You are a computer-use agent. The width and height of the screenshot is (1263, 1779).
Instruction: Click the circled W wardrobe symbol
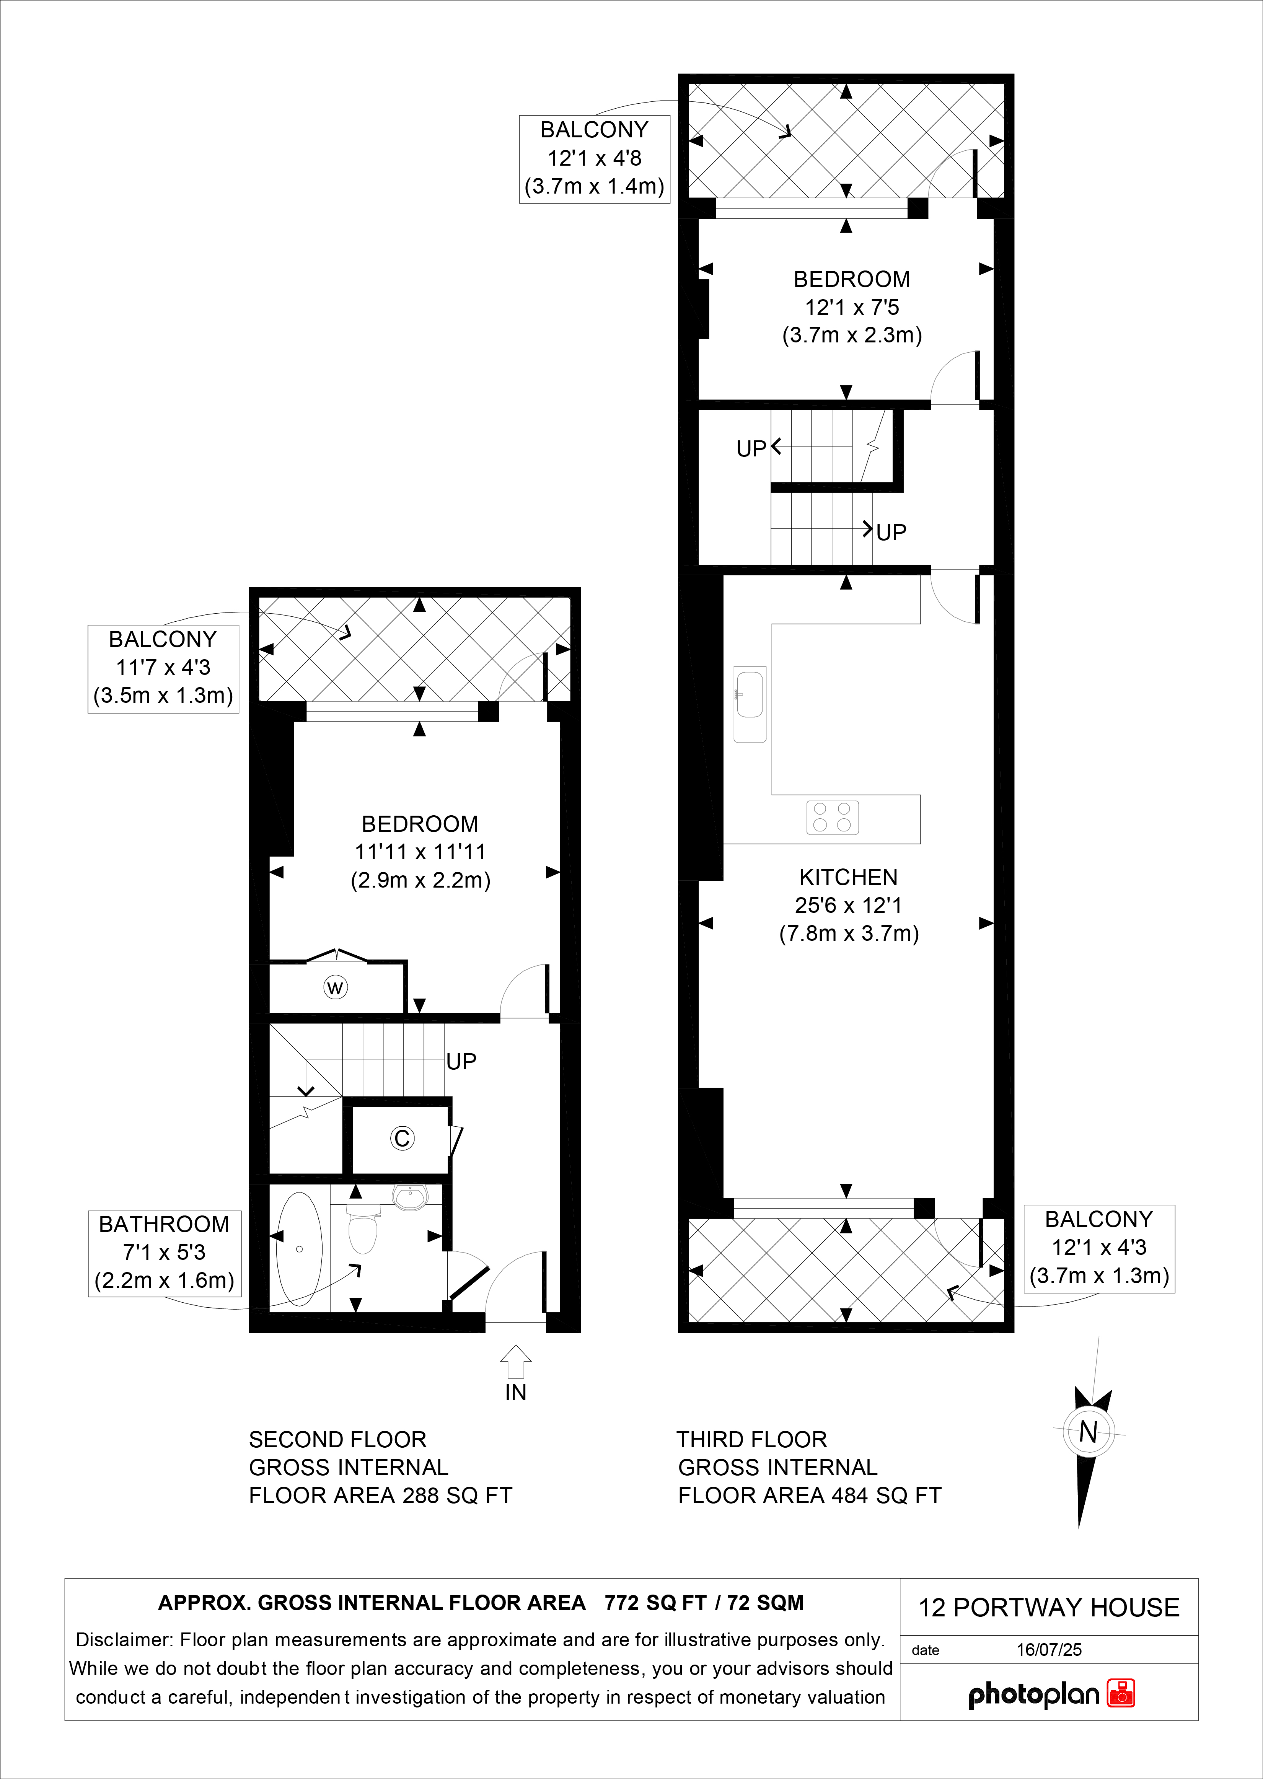(335, 987)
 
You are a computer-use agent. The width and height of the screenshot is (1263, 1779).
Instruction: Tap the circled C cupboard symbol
(402, 1138)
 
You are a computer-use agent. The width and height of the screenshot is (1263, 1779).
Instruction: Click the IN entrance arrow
(516, 1362)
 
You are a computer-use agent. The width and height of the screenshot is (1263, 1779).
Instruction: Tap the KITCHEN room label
(849, 877)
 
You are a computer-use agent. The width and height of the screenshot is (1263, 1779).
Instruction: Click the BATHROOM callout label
(164, 1224)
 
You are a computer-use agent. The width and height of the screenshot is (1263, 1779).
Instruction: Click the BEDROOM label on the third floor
(852, 279)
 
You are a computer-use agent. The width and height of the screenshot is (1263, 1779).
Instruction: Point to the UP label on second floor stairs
(461, 1061)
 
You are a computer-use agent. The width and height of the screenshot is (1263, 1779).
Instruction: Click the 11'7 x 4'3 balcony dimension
(163, 667)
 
